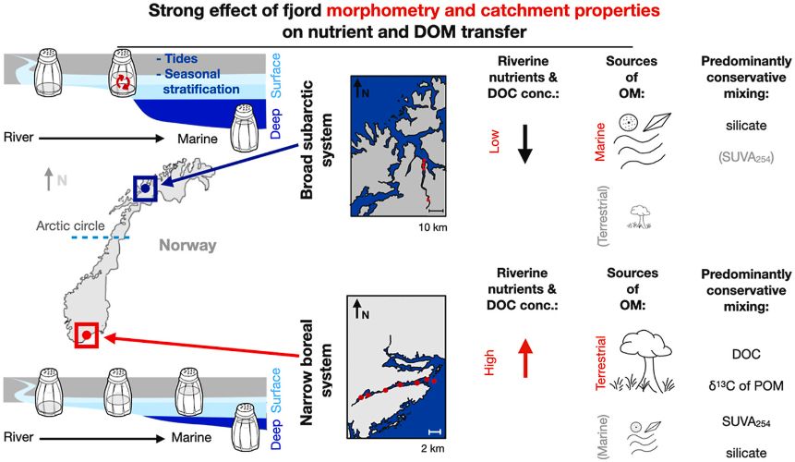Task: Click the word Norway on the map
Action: pyautogui.click(x=187, y=246)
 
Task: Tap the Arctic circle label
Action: pyautogui.click(x=70, y=226)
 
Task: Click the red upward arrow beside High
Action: pyautogui.click(x=525, y=359)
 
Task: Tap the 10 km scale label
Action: pyautogui.click(x=432, y=227)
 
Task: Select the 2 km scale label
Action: pyautogui.click(x=433, y=448)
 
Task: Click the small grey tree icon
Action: pyautogui.click(x=639, y=217)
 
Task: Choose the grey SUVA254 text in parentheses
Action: pyautogui.click(x=746, y=158)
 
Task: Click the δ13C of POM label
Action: pyautogui.click(x=746, y=386)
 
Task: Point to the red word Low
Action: pyautogui.click(x=493, y=141)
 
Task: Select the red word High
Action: pyautogui.click(x=489, y=362)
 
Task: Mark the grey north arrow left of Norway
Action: pyautogui.click(x=49, y=179)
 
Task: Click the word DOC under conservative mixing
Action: pyautogui.click(x=746, y=354)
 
